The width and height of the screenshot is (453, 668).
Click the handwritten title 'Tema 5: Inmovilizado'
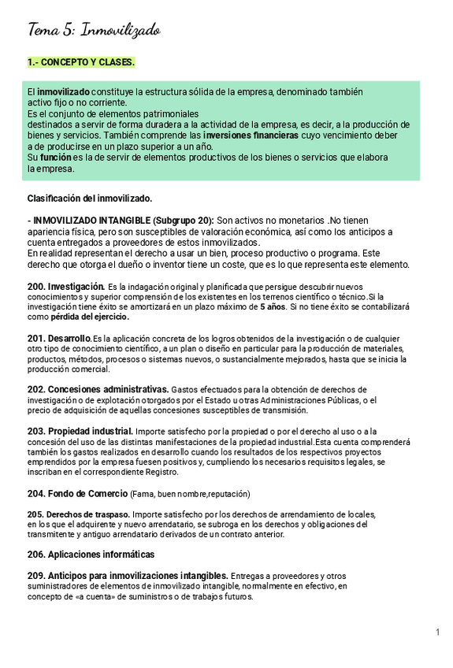coord(94,30)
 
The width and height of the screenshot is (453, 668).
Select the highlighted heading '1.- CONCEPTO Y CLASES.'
coord(81,62)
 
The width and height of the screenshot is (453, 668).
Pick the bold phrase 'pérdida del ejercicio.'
coord(78,317)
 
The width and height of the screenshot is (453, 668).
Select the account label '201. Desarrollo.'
coord(59,338)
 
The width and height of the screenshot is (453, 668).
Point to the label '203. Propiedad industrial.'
coord(80,431)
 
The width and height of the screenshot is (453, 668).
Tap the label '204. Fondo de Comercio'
coord(77,493)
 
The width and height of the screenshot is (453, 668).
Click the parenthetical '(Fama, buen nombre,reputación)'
coord(190,494)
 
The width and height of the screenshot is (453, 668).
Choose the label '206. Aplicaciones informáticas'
coord(91,555)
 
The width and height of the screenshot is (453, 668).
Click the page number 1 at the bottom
coord(437,633)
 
